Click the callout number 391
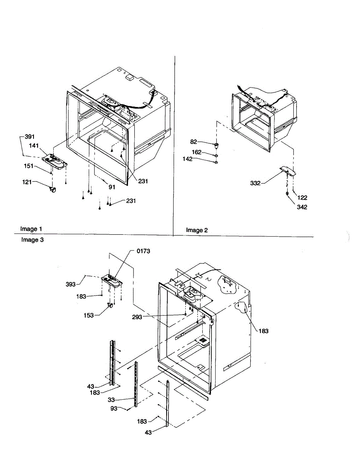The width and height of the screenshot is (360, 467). (x=30, y=137)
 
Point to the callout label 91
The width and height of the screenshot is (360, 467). (x=112, y=187)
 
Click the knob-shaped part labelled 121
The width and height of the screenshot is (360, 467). (x=53, y=190)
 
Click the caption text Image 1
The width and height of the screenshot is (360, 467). (x=31, y=229)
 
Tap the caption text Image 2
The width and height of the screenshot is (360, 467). (x=197, y=230)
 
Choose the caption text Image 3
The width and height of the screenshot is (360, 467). (x=32, y=240)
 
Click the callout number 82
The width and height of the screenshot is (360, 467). (x=193, y=142)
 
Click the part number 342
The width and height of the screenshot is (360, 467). (x=302, y=207)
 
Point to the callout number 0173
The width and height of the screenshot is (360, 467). (x=143, y=251)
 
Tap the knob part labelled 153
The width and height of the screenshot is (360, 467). (x=110, y=306)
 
